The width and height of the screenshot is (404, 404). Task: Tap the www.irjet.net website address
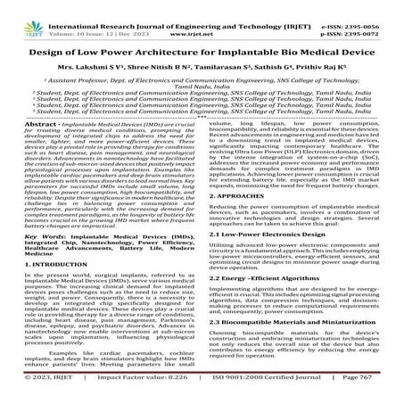202,17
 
